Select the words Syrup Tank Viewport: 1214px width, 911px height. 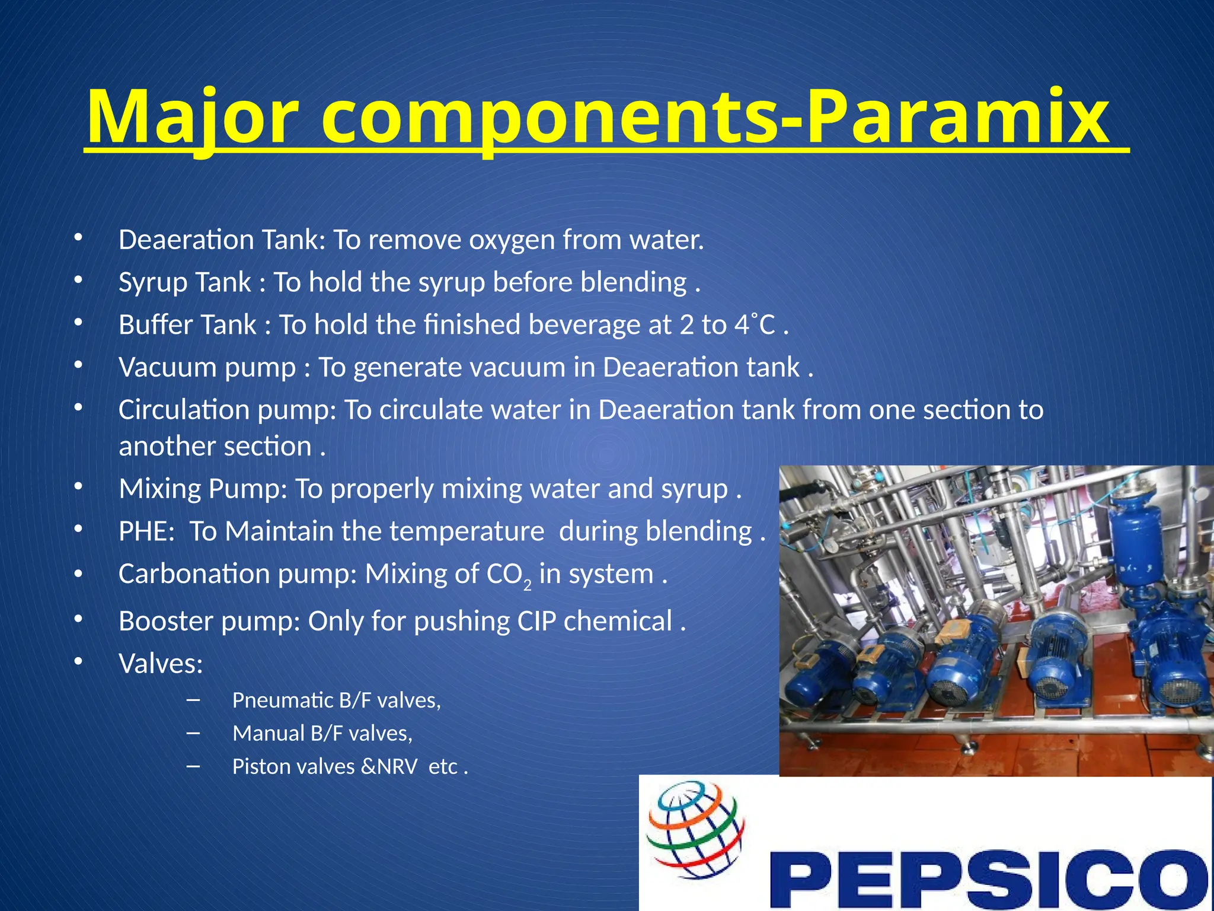click(184, 282)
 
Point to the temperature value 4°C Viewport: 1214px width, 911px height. click(755, 325)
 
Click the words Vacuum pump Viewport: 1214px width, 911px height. click(207, 368)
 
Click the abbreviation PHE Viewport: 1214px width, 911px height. click(146, 531)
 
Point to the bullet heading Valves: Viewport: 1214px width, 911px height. click(161, 664)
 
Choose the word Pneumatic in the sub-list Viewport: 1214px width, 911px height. click(282, 700)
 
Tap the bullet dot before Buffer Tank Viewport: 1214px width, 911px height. click(78, 323)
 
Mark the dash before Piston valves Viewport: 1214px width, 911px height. click(193, 766)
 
